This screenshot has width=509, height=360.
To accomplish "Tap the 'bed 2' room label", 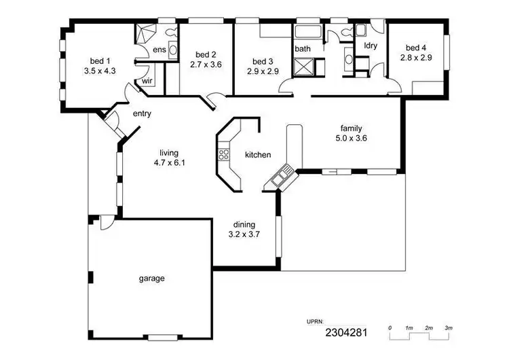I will click(x=206, y=54).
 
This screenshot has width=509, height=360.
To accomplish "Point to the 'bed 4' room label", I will click(x=416, y=48).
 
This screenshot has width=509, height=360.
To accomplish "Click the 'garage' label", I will click(x=152, y=278).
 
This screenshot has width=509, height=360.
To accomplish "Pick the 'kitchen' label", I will click(x=258, y=155).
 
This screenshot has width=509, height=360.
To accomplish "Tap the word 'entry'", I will click(x=142, y=113).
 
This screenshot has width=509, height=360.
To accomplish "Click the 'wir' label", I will click(x=147, y=80).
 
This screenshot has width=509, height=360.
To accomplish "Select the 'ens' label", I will click(x=159, y=50).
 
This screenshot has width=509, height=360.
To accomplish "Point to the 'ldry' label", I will click(x=371, y=46).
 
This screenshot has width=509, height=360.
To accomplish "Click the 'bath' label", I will click(x=302, y=49).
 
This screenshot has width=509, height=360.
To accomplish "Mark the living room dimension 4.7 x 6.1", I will click(x=168, y=163).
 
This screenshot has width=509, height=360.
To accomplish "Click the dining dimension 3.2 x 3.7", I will click(x=244, y=234).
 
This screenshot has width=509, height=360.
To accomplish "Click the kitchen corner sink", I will click(x=280, y=179).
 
